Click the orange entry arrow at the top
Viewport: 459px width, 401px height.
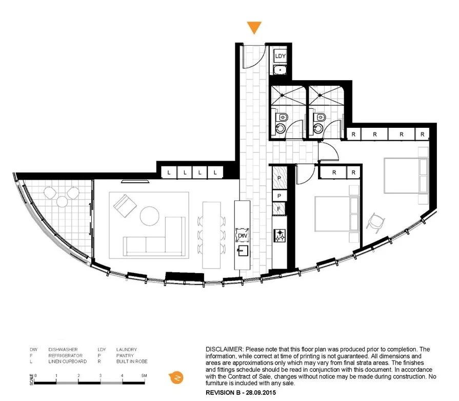(254, 28)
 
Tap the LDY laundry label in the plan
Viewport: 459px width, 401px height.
(280, 56)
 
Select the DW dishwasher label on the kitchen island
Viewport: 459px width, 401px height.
(242, 236)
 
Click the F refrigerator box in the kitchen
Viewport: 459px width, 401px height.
(279, 209)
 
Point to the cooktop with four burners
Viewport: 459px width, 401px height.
(280, 236)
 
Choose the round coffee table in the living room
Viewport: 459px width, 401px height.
(150, 216)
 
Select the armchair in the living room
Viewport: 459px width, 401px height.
(125, 206)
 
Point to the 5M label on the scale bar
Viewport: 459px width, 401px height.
(144, 376)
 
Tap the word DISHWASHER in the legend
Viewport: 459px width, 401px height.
(63, 350)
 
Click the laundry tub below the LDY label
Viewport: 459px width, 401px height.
(280, 71)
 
